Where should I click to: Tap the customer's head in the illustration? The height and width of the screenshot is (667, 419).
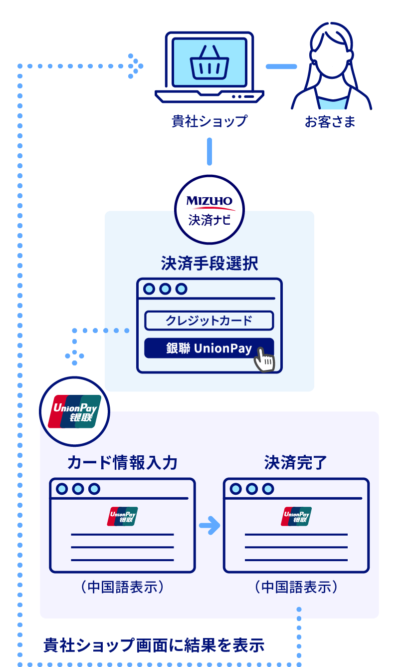pos(332,52)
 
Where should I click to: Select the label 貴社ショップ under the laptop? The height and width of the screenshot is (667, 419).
pos(209,121)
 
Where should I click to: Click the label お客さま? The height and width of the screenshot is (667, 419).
pos(330,121)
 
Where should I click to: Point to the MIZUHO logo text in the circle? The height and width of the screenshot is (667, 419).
pos(209,201)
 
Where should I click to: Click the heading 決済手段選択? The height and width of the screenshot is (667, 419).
pos(209,264)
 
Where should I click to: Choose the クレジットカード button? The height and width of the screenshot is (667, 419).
pos(209,321)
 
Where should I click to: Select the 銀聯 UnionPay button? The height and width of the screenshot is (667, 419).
pos(209,348)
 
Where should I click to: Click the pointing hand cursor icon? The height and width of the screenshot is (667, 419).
pos(264,359)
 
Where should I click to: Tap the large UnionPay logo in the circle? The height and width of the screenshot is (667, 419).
pos(74,412)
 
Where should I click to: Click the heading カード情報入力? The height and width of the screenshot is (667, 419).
pos(122,463)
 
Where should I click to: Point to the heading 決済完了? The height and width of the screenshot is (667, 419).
pos(296,463)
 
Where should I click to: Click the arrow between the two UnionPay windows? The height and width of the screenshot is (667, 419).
pos(209,525)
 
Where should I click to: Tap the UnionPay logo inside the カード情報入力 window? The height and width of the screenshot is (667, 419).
pos(122,517)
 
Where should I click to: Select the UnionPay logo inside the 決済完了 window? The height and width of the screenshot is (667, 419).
pos(296,517)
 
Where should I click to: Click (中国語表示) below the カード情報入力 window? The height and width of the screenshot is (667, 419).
pos(122,587)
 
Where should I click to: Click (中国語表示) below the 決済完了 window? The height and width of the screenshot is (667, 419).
pos(296,587)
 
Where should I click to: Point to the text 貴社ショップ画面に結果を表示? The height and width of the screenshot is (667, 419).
pos(154,646)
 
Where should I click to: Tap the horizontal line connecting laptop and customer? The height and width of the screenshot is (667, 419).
pos(281,66)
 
